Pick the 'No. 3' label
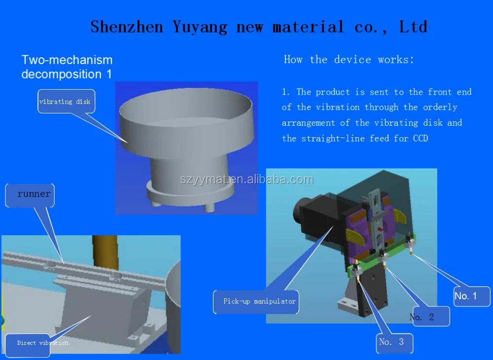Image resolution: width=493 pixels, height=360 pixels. coord(393,342)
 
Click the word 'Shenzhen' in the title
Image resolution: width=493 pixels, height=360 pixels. coord(127,27)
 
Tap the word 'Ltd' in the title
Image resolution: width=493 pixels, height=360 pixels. coord(413,27)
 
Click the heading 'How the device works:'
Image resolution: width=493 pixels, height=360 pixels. coord(349,60)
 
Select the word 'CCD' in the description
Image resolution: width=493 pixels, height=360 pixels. coord(419,139)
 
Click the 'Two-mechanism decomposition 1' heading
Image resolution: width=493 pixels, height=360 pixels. coord(67,67)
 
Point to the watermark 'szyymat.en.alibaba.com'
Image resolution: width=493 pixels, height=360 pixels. coord(246,180)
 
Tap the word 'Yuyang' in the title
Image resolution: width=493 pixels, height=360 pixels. coord(200,27)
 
